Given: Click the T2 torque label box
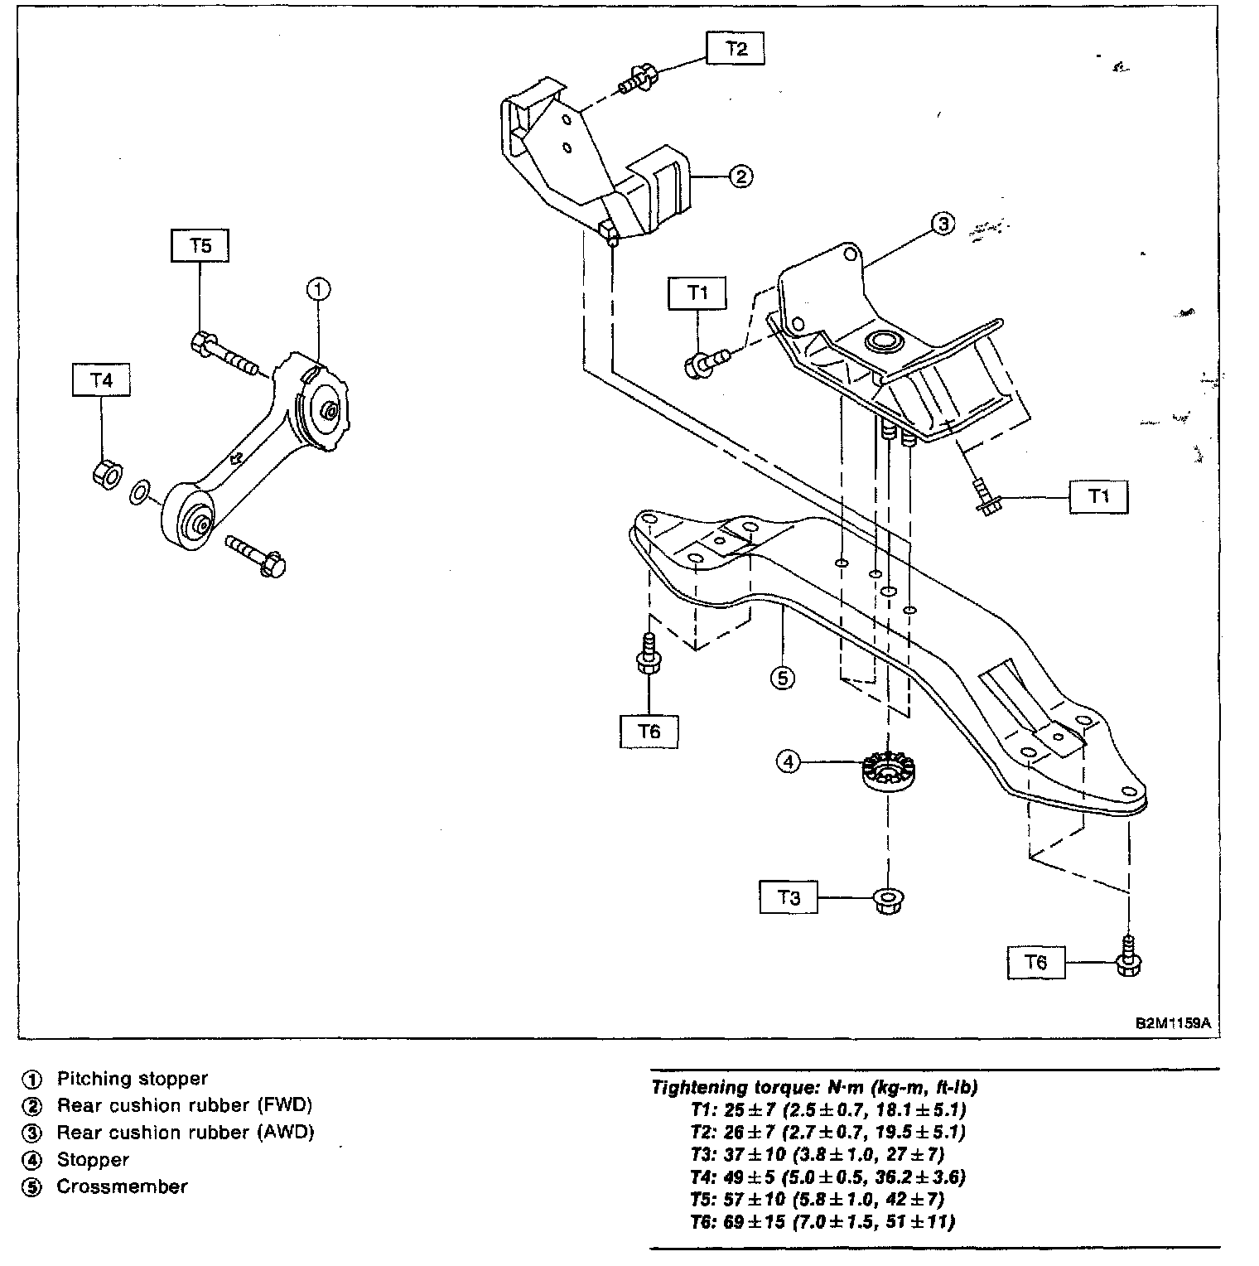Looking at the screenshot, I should pos(736,49).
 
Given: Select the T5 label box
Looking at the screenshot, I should pos(200,246).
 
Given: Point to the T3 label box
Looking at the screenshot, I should pos(789,897).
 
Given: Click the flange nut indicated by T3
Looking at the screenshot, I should pos(889,900).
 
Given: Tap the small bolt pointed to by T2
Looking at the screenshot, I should pos(638,80).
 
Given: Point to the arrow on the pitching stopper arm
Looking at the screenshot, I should pos(237,457).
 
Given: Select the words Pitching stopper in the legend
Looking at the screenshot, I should pos(132,1079).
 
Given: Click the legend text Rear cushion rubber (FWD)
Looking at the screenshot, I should pos(184,1105).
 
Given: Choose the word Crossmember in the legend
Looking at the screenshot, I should pos(122,1186).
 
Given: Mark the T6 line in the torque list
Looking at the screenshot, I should pos(822,1221).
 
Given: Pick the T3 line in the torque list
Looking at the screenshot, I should pos(816,1154).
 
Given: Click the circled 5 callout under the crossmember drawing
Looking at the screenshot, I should pos(782,679).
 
